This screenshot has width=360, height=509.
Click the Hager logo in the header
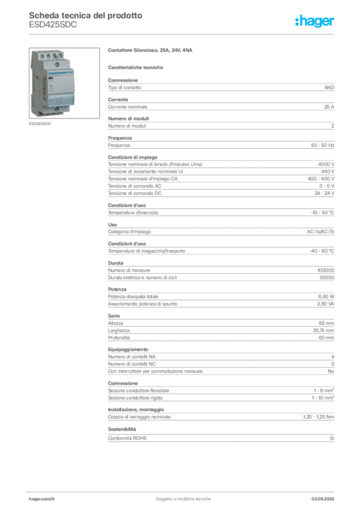(314, 21)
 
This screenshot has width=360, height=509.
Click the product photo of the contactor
(64, 83)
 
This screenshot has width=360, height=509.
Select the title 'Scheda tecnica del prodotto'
(86, 15)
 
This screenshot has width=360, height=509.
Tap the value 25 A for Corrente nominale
(329, 107)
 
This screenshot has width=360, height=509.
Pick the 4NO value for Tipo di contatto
(329, 87)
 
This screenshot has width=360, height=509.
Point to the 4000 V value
(326, 164)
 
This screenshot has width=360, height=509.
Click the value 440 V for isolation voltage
(328, 171)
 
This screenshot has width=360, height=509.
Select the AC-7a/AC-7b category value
(320, 232)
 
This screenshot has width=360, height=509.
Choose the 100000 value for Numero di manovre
(326, 270)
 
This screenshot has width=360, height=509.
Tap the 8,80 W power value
(326, 297)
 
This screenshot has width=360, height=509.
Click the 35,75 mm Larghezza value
(323, 331)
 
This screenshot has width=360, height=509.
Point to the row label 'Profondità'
(119, 338)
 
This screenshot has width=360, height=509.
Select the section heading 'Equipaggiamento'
(128, 349)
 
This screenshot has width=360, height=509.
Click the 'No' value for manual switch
(331, 371)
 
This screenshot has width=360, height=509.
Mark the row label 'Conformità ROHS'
(127, 438)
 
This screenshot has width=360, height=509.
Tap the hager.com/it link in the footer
(42, 499)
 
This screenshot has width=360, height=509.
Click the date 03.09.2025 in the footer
(323, 499)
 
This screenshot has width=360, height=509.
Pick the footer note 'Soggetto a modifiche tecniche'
(183, 499)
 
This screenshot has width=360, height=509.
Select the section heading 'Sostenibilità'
(122, 429)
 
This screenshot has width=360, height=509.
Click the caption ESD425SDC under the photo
(40, 124)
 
